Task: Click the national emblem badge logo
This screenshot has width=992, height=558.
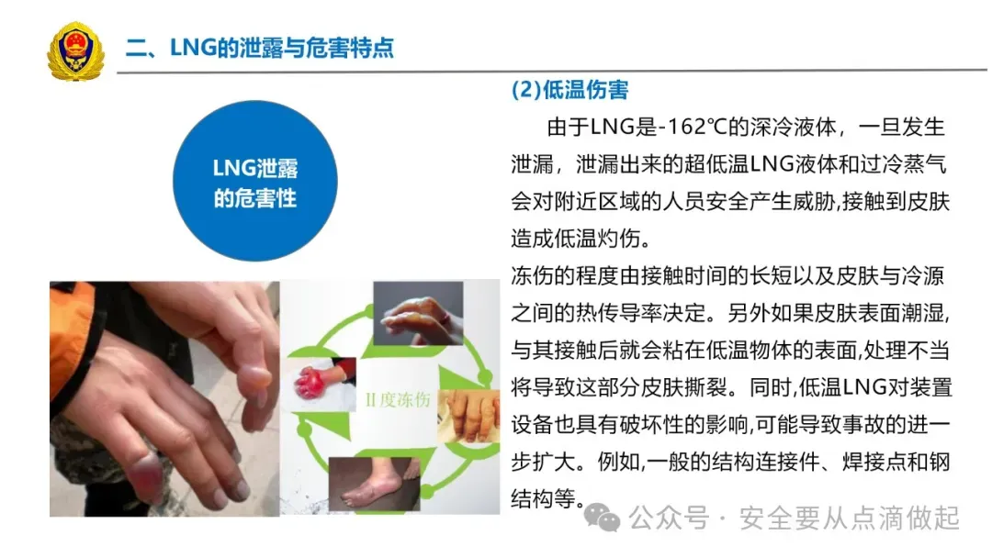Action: click(76, 50)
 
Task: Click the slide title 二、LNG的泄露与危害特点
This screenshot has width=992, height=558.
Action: click(259, 48)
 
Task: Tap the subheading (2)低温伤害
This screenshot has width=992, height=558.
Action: click(569, 90)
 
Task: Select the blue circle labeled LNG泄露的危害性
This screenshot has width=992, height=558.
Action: click(255, 181)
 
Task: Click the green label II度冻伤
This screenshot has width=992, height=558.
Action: click(398, 399)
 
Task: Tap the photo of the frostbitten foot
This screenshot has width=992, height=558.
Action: click(375, 484)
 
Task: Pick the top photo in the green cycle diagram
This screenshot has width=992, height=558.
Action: click(418, 314)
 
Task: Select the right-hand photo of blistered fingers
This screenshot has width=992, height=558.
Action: click(468, 416)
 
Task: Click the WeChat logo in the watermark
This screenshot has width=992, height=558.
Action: click(602, 518)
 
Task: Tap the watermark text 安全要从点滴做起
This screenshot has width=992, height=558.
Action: click(850, 519)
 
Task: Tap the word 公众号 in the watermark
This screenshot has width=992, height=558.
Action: click(669, 519)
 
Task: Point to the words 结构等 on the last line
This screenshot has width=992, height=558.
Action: click(544, 499)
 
